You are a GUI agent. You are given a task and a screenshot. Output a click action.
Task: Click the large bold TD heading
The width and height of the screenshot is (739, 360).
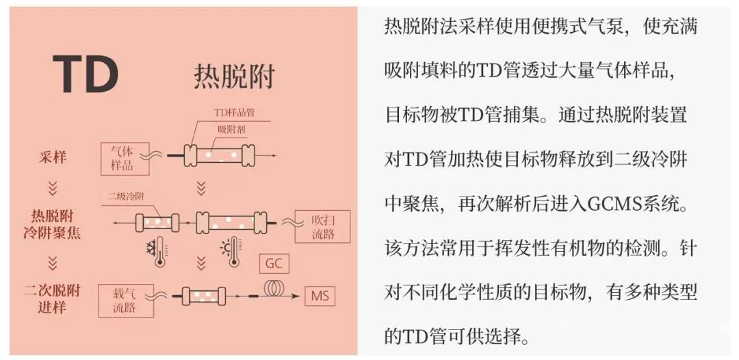point(86,75)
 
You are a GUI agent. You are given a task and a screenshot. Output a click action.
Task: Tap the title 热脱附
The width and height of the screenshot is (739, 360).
point(234,77)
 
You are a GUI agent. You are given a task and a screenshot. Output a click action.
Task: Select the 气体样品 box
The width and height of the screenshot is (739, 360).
point(125,159)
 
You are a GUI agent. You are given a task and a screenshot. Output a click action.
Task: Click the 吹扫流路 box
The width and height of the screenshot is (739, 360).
point(322,227)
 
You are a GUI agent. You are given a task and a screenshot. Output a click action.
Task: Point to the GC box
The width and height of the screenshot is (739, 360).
point(274,263)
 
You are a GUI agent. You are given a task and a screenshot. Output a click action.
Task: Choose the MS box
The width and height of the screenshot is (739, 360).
point(320,296)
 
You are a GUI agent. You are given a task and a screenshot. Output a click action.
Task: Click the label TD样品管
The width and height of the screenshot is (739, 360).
point(234,112)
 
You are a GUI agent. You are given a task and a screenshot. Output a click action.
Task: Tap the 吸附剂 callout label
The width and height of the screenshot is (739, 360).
point(231,129)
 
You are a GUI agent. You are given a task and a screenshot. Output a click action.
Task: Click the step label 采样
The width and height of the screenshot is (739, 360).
point(52,157)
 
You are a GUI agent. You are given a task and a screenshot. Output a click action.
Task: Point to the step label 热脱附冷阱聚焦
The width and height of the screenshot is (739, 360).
point(52,224)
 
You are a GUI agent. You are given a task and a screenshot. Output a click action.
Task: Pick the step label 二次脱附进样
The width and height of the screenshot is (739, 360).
point(52,299)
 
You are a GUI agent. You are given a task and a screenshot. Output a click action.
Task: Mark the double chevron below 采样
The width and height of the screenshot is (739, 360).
point(52,188)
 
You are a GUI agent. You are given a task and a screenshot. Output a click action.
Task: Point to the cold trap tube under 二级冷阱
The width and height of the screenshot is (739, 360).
point(157,222)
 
